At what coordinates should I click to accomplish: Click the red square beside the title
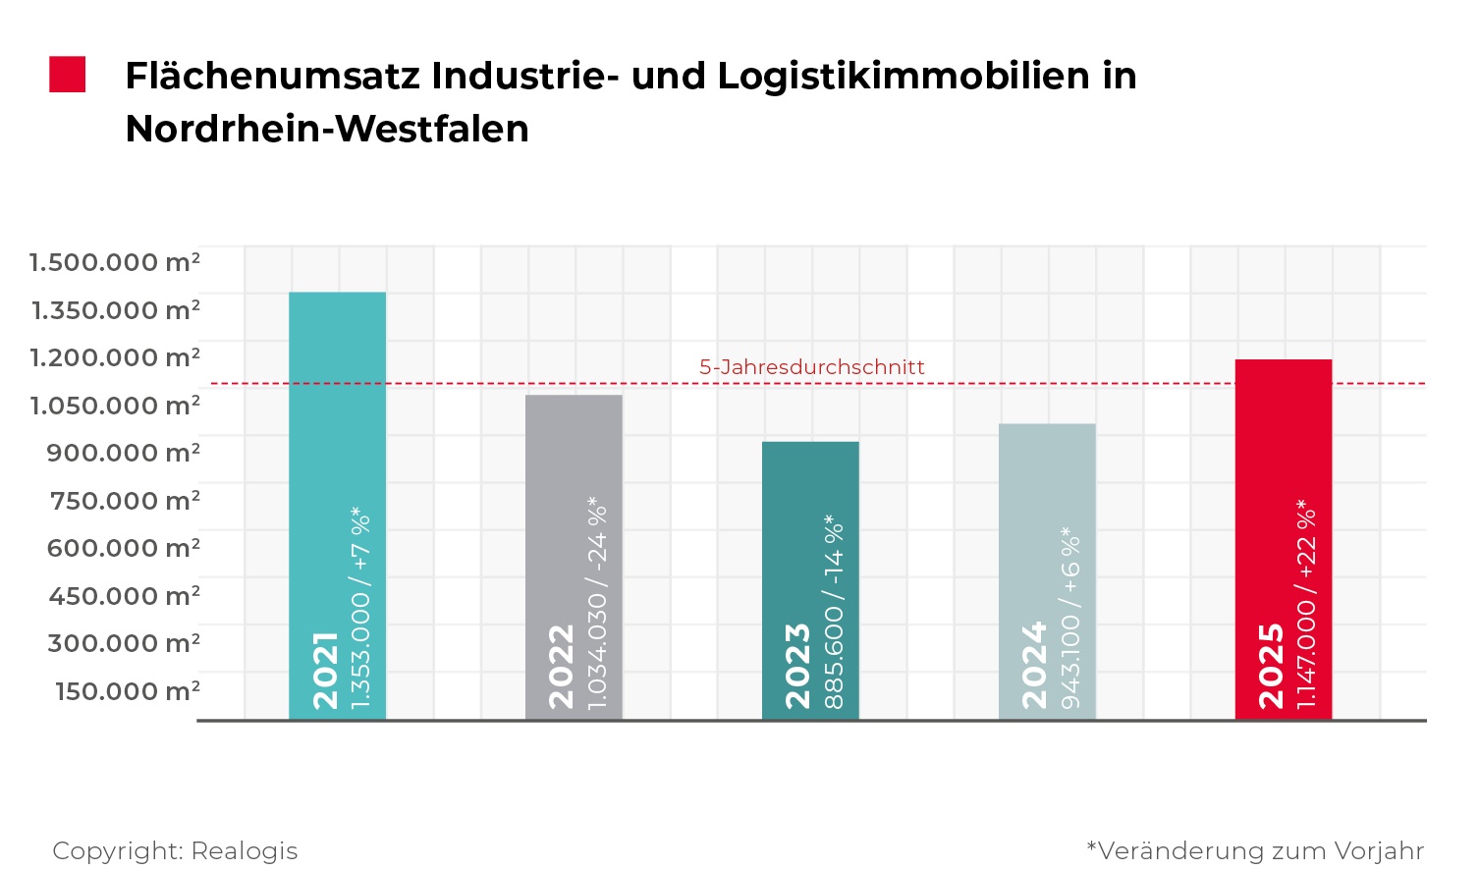pyautogui.click(x=68, y=75)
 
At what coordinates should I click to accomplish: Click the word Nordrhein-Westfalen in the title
pyautogui.click(x=327, y=129)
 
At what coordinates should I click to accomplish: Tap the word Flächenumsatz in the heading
pyautogui.click(x=272, y=76)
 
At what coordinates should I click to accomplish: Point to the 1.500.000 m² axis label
pyautogui.click(x=115, y=262)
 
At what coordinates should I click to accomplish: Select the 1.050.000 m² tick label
pyautogui.click(x=115, y=405)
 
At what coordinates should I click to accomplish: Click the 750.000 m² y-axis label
pyautogui.click(x=125, y=500)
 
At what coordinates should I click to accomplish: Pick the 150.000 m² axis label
pyautogui.click(x=128, y=690)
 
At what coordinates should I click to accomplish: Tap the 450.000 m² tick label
pyautogui.click(x=125, y=595)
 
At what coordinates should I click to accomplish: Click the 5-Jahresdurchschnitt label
pyautogui.click(x=812, y=367)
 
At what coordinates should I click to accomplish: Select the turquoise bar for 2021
pyautogui.click(x=337, y=412)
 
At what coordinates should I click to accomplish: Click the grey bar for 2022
pyautogui.click(x=574, y=471)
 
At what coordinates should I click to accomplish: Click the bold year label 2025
pyautogui.click(x=1272, y=665)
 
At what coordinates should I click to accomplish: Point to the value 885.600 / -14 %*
pyautogui.click(x=834, y=611)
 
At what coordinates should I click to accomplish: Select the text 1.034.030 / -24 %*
pyautogui.click(x=596, y=603)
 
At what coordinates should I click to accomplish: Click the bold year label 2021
pyautogui.click(x=325, y=670)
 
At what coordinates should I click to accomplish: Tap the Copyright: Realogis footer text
pyautogui.click(x=175, y=850)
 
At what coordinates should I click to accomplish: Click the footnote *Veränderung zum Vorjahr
pyautogui.click(x=1255, y=850)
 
